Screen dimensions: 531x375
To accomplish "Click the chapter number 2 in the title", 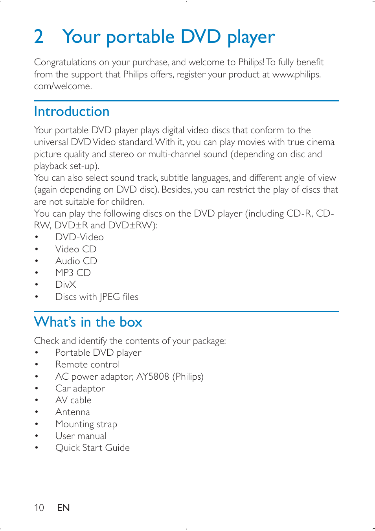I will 39,37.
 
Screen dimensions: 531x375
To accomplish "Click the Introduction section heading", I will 72,112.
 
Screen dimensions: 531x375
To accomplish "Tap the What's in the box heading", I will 88,322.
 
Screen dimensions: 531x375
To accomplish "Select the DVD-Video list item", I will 79,237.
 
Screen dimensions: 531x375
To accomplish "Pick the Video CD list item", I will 76,249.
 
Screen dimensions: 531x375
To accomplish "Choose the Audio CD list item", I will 76,261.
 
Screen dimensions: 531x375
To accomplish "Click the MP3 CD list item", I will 73,273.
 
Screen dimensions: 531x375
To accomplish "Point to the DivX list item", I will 66,285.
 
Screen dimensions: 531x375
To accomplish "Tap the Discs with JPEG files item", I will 97,297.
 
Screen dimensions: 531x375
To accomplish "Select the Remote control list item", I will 87,365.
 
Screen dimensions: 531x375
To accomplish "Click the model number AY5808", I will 153,377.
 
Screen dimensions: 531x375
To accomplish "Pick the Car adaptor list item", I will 80,389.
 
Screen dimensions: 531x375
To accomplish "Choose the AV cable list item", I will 74,401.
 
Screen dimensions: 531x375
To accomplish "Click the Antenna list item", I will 73,412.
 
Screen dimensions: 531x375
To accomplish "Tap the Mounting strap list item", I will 86,424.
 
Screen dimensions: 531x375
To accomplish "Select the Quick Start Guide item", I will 92,448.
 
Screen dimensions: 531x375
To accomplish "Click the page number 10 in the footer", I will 39,508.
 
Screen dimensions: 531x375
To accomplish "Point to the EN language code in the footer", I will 63,508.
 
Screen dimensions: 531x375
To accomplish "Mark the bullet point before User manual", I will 37,436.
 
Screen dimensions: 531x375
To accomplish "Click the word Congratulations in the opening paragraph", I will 65,62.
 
